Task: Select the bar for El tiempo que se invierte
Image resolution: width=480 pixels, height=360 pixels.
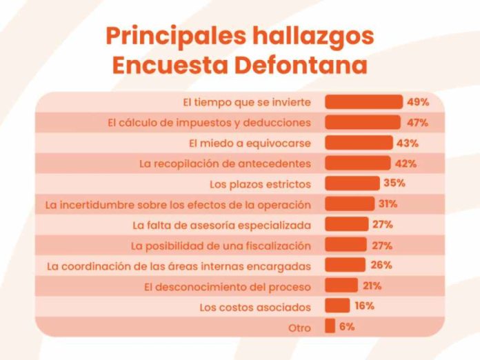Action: (363, 102)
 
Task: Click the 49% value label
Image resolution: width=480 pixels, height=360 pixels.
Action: (418, 102)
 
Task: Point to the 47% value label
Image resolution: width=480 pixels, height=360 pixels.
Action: (417, 123)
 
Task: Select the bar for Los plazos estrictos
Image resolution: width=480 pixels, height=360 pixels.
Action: (352, 183)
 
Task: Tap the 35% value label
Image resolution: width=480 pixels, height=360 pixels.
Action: (394, 183)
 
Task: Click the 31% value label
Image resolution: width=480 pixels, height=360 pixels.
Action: (387, 204)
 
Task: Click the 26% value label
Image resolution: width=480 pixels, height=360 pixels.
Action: (381, 265)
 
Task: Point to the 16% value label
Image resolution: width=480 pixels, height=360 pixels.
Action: (365, 306)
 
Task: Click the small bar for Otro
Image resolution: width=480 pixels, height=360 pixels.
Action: (330, 326)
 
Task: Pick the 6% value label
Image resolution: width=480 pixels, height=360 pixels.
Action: (347, 326)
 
